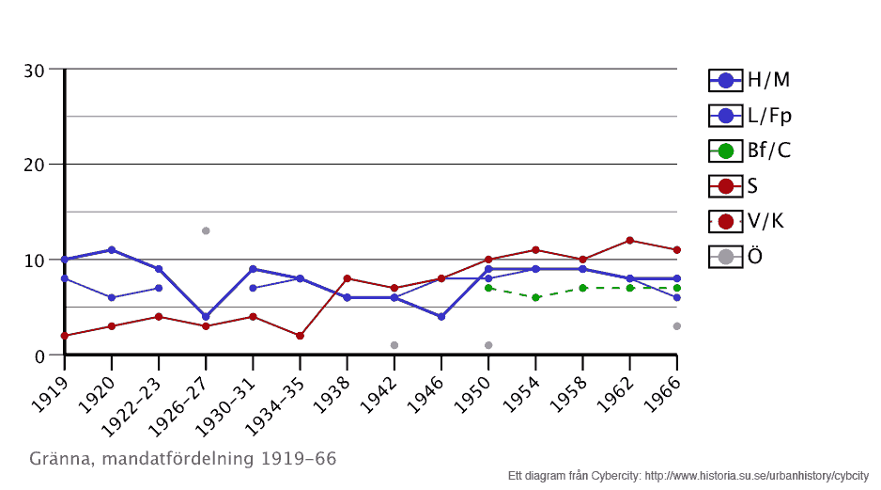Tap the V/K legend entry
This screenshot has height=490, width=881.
[x=746, y=221]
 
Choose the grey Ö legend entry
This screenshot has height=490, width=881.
[x=736, y=256]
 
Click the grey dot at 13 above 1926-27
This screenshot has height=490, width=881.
[x=206, y=230]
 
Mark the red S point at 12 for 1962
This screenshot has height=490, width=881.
[x=629, y=241]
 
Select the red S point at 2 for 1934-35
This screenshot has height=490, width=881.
[x=300, y=336]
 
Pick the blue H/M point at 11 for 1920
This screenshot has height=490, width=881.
[x=112, y=250]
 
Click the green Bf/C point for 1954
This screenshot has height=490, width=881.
[x=535, y=297]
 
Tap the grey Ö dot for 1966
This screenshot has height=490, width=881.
[x=676, y=326]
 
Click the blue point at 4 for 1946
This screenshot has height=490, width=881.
[x=440, y=316]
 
